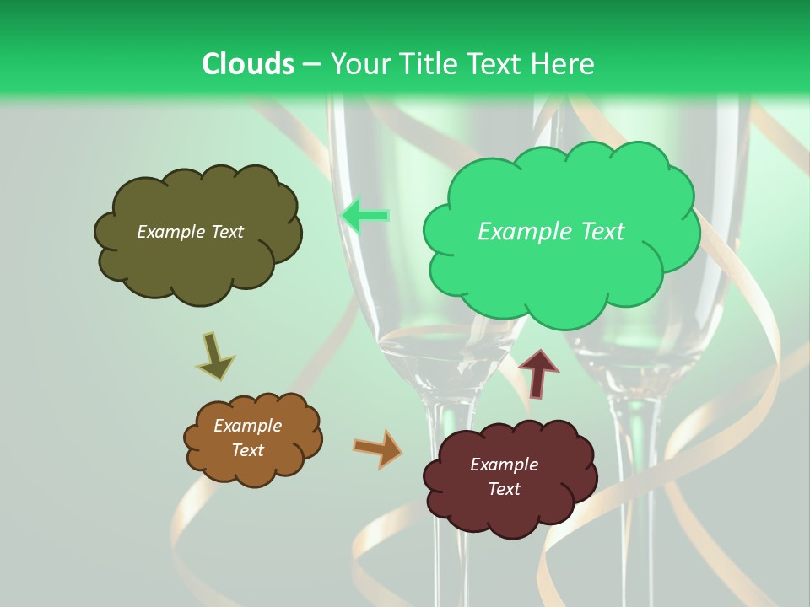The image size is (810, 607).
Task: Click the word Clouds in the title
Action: point(247,63)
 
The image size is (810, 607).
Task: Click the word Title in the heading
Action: point(428,63)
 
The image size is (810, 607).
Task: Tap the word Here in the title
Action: point(566,63)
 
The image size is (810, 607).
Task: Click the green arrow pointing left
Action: point(365,215)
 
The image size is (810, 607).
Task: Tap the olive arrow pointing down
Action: point(215,357)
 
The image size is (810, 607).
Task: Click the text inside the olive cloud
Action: point(190,232)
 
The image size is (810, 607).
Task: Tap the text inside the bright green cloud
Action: point(551,231)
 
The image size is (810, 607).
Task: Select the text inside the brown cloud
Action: point(247,438)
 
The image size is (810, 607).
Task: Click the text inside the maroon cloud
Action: point(504,476)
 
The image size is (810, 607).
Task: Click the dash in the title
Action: point(310,63)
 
